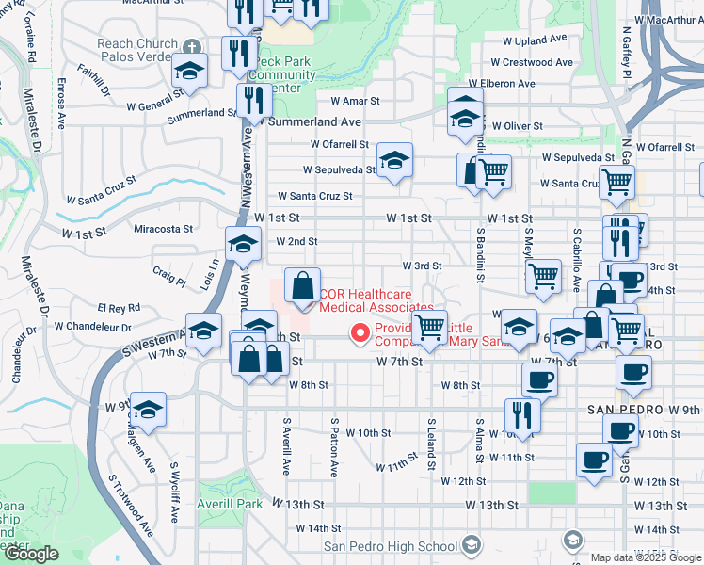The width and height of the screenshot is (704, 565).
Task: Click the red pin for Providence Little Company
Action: (x=359, y=332)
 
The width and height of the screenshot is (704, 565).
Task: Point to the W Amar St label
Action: (x=354, y=101)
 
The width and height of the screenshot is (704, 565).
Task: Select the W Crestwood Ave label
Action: (x=537, y=62)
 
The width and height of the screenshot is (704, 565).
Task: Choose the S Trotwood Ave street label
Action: (x=129, y=500)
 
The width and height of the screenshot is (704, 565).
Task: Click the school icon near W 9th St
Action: (x=148, y=409)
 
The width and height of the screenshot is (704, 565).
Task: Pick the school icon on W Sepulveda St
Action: (x=395, y=159)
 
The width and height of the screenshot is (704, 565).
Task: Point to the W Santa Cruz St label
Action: (x=313, y=197)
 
